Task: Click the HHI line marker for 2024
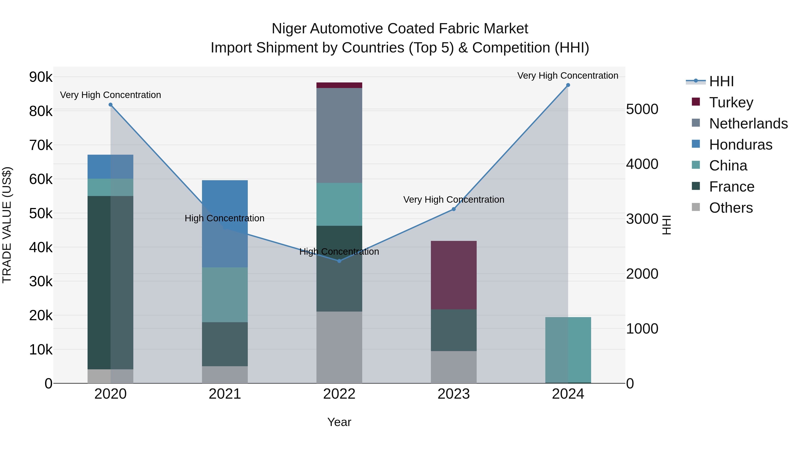pos(568,85)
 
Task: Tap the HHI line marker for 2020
pos(111,105)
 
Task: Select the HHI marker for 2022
pos(339,261)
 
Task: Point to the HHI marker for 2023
pos(453,209)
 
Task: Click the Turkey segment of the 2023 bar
pos(453,275)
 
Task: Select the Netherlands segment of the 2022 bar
pos(339,135)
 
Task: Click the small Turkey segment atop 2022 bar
pos(339,85)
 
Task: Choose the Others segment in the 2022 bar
pos(339,347)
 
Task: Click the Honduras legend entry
pos(740,145)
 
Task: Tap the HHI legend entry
pos(721,81)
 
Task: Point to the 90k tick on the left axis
pos(41,77)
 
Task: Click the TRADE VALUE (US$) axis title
pos(7,225)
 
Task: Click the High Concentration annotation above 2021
pos(224,218)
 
